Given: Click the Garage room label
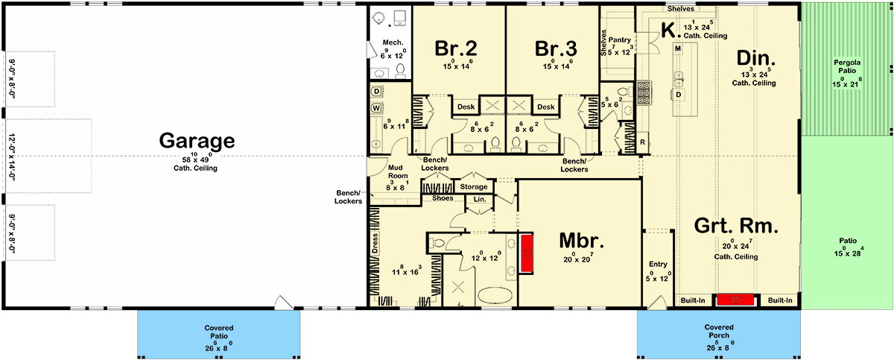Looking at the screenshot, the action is click(197, 140).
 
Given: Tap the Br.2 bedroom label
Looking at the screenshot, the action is click(455, 48).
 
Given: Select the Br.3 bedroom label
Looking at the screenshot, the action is click(556, 48).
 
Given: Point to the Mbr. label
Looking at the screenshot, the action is click(582, 241).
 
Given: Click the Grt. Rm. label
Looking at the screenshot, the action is click(736, 226).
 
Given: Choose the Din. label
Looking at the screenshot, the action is click(756, 58).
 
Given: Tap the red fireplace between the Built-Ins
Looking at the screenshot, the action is click(735, 300).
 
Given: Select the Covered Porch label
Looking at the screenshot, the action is click(719, 331).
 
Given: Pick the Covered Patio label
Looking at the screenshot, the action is click(219, 332).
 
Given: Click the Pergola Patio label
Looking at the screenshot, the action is click(847, 66).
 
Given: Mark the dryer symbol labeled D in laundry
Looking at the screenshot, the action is click(376, 92).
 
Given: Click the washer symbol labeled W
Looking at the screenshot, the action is click(376, 108).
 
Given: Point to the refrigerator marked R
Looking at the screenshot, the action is click(642, 142).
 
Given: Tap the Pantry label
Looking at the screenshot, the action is click(619, 40).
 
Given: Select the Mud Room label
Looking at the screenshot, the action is click(398, 171).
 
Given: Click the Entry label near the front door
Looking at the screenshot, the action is click(658, 264).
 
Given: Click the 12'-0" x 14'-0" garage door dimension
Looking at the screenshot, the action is click(11, 157).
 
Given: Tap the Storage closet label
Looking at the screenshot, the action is click(474, 187).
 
